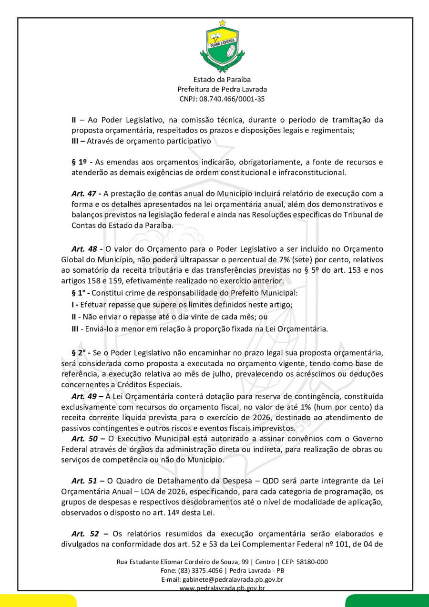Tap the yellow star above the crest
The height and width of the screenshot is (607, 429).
[222, 23]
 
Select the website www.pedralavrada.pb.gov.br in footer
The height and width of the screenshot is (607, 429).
[222, 588]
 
